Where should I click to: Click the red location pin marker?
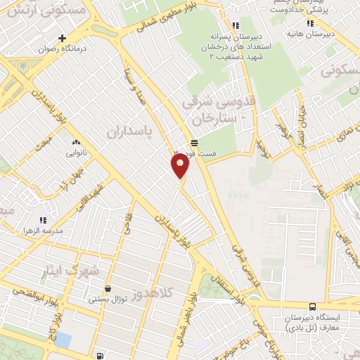click(181, 166)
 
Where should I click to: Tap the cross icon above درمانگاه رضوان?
click(63, 38)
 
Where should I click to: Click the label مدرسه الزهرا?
click(44, 230)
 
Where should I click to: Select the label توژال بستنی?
click(107, 298)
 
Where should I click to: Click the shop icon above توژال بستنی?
click(107, 288)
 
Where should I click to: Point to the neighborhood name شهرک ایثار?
click(79, 270)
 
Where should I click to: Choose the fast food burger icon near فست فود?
click(195, 142)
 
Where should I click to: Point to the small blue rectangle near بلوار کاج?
click(63, 339)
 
